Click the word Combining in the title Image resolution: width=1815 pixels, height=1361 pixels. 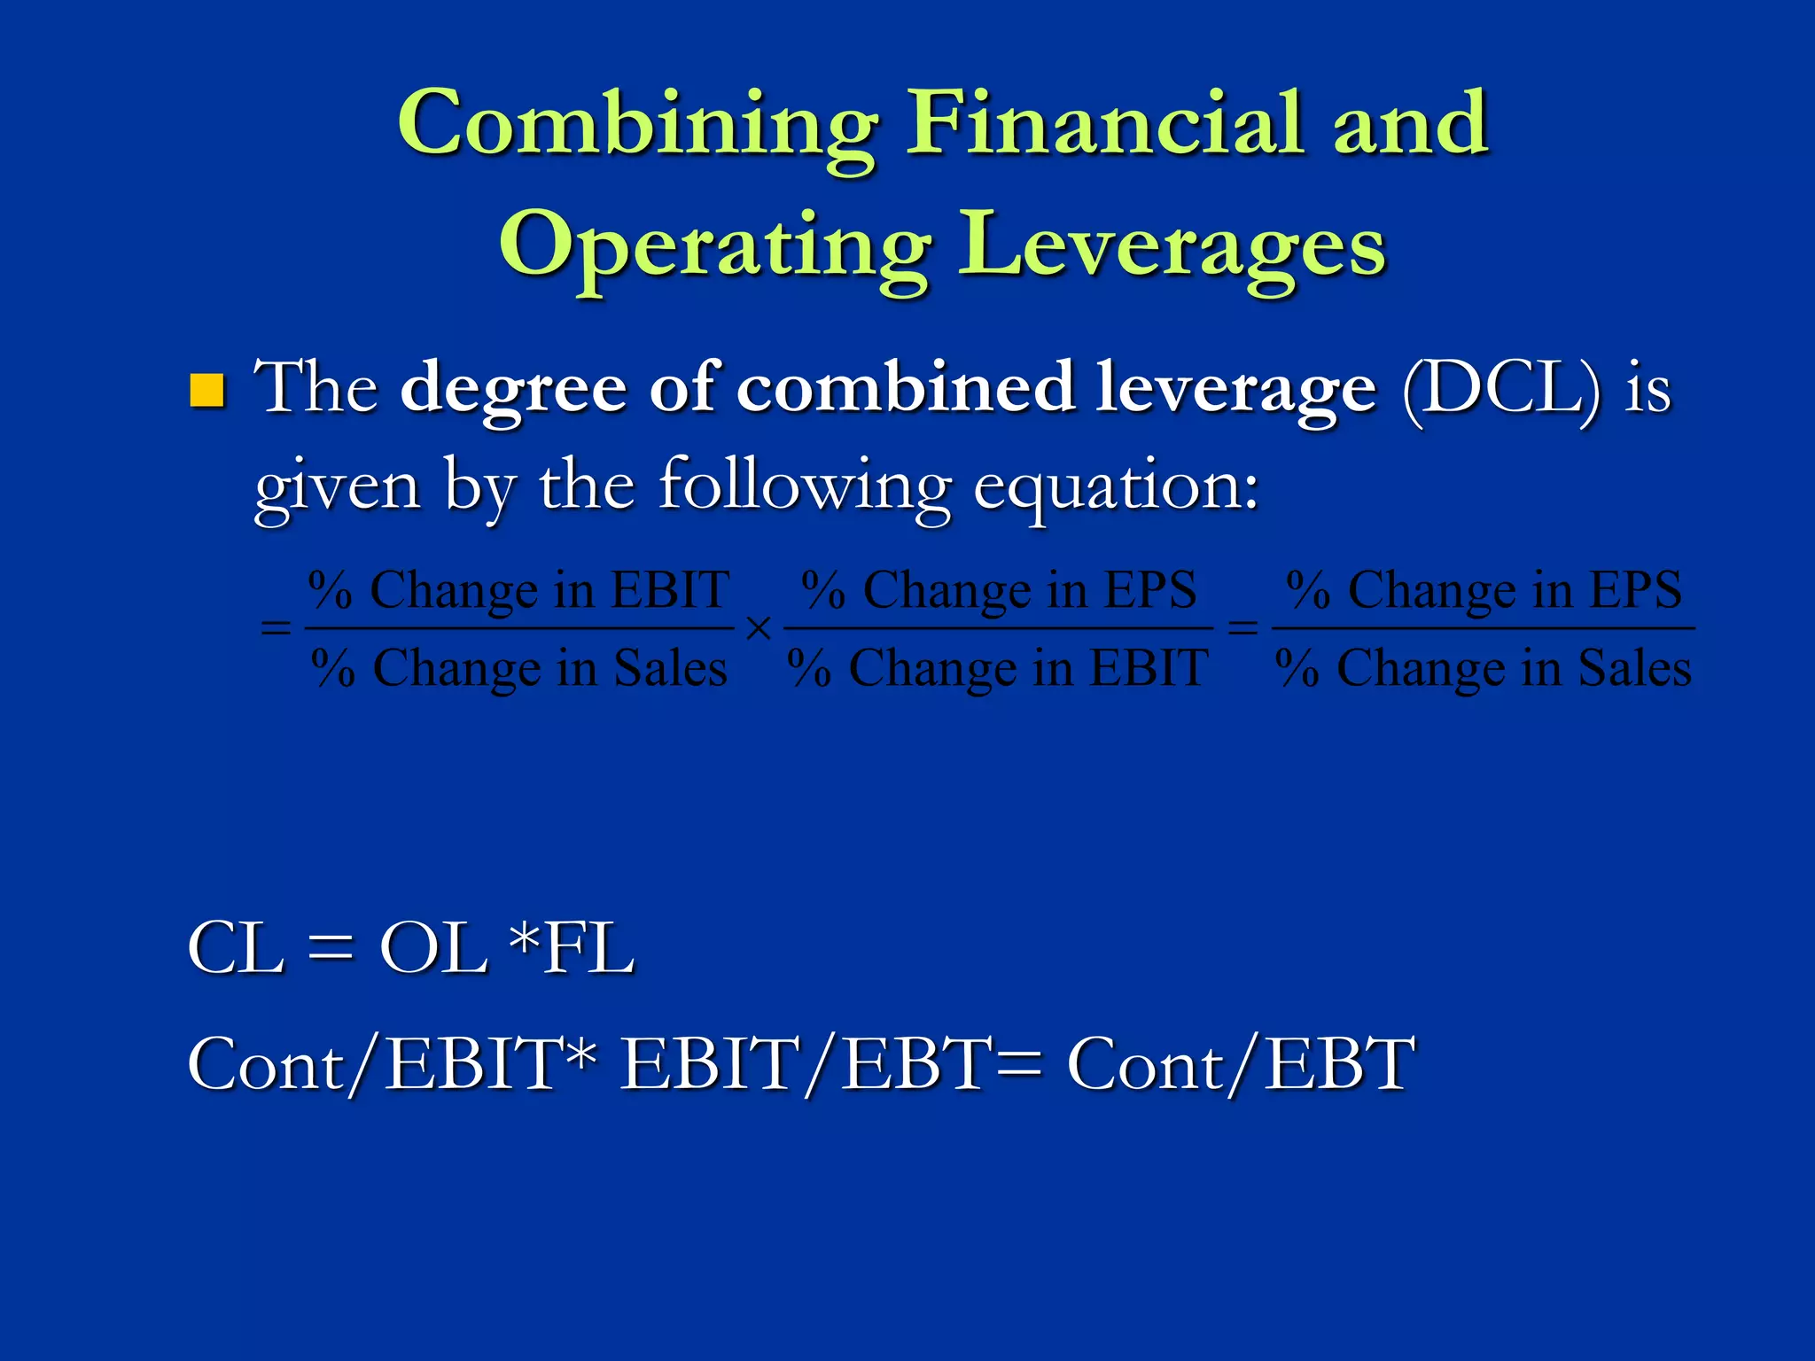[x=637, y=124]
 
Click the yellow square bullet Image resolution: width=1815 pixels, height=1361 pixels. [x=207, y=391]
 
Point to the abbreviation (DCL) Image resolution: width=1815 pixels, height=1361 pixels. [x=1501, y=389]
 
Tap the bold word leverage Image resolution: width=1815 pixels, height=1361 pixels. [x=1235, y=389]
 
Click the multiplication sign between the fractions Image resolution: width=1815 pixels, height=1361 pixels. [x=759, y=629]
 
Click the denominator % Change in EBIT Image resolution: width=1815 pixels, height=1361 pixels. [x=998, y=668]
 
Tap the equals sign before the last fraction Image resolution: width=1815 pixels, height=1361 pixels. [x=1242, y=628]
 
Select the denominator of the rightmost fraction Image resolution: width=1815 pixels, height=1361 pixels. [x=1484, y=668]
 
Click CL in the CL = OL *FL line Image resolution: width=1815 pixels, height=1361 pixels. [x=236, y=949]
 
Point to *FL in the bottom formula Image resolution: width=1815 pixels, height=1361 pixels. [x=573, y=949]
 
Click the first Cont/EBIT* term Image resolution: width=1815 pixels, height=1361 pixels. [x=391, y=1064]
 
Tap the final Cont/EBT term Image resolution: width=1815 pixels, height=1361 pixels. [x=1240, y=1064]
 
